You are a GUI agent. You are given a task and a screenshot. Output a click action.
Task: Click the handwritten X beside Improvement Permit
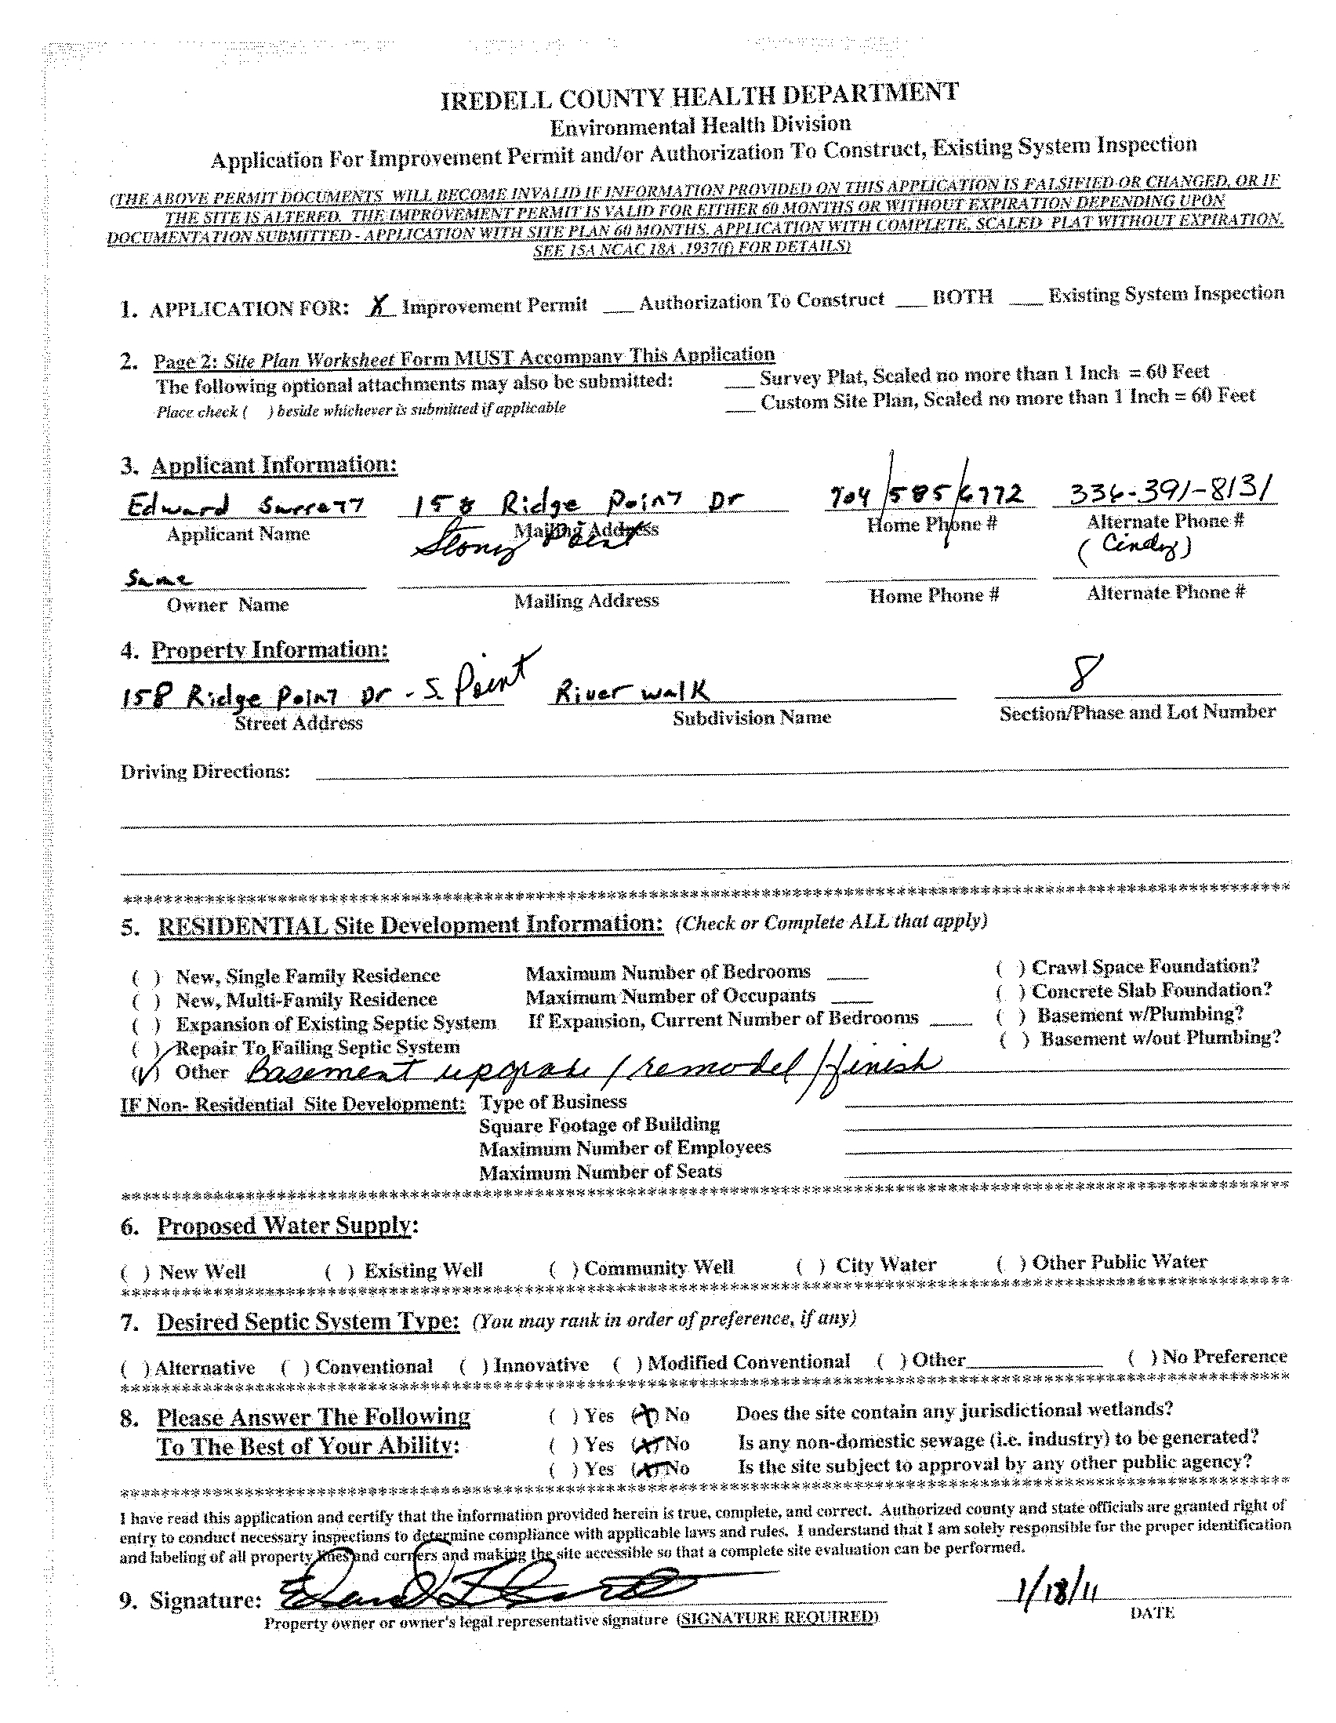coord(382,307)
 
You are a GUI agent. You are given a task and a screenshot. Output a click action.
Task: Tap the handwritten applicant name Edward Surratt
coord(245,504)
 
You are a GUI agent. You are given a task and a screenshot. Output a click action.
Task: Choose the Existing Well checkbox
coord(339,1272)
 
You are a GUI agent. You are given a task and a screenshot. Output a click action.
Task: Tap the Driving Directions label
coord(205,772)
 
